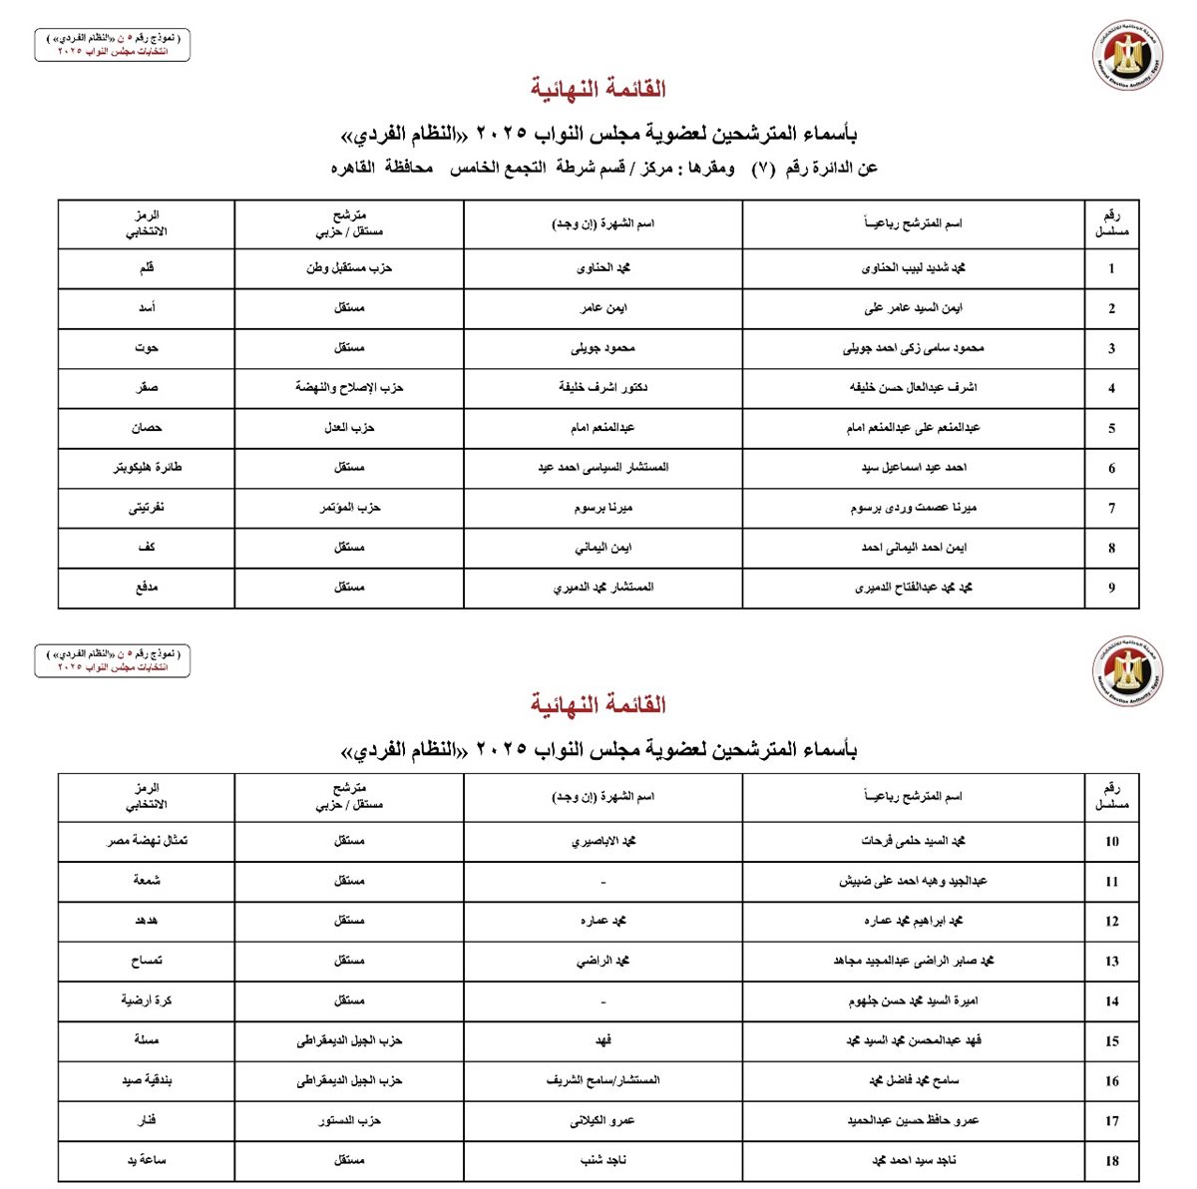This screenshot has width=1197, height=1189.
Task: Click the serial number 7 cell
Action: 1111,509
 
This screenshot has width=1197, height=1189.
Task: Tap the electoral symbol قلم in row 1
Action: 147,268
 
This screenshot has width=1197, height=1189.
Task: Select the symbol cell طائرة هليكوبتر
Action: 147,468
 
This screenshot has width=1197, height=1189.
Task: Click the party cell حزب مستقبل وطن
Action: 349,268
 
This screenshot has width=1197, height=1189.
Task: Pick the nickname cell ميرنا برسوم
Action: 603,508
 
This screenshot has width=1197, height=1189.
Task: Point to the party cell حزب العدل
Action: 349,428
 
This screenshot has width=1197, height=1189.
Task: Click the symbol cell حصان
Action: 147,428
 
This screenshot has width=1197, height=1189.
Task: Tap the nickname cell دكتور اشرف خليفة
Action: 603,388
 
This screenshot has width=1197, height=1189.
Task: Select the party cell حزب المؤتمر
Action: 349,508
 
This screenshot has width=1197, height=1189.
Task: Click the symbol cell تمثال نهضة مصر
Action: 147,841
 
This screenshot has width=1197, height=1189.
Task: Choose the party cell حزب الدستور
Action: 349,1121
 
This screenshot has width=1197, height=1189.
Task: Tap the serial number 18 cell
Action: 1111,1161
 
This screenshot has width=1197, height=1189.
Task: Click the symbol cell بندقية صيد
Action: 147,1080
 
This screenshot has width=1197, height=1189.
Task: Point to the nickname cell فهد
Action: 603,1040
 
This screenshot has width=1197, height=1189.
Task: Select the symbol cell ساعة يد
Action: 147,1160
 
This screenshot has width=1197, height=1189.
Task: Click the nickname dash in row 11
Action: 603,882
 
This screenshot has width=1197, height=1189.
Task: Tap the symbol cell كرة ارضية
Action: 147,1000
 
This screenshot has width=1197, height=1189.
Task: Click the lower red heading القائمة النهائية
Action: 598,705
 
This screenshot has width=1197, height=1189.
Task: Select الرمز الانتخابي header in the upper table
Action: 147,223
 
